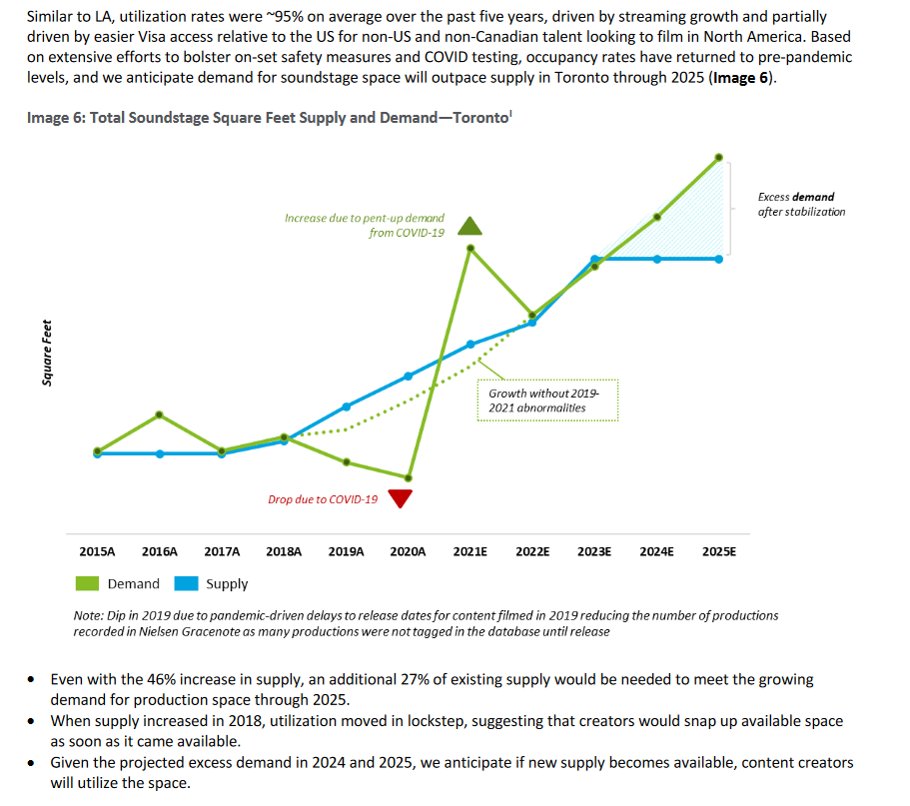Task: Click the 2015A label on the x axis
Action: pos(97,550)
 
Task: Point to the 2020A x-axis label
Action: pos(408,550)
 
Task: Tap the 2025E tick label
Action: pos(718,550)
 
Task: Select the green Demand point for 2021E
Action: pos(470,248)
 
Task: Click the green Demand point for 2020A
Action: pos(408,477)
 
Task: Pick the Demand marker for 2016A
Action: pos(160,414)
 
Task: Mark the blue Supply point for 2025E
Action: pos(718,259)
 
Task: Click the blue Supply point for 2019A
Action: pos(346,406)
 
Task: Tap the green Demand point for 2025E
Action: pos(718,157)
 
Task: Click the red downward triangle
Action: pos(401,498)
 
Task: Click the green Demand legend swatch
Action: pos(87,583)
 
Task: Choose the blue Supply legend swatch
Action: pos(186,583)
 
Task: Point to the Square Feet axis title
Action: pos(47,351)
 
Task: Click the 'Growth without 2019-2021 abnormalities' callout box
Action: pos(547,401)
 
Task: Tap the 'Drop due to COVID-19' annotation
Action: pos(323,499)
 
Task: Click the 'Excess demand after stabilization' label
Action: pos(801,205)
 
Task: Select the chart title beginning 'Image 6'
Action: pos(270,118)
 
